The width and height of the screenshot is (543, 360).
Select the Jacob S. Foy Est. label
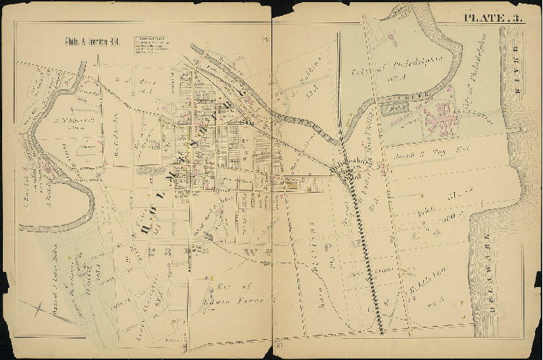(422, 157)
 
